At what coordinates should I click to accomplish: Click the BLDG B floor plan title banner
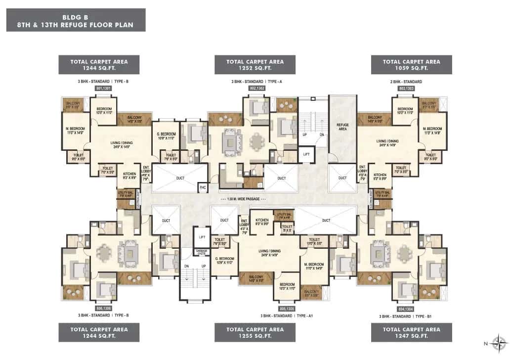(x=76, y=20)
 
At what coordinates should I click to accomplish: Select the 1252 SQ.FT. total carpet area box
(x=255, y=65)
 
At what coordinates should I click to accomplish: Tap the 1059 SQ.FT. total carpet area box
(x=412, y=65)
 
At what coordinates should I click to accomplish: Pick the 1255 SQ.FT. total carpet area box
(x=255, y=332)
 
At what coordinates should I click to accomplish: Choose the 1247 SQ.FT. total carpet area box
(x=412, y=332)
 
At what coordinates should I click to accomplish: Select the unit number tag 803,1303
(x=406, y=88)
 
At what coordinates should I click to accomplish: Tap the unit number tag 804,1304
(x=406, y=308)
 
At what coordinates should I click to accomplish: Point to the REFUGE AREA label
(x=343, y=126)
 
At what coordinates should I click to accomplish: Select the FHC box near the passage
(x=203, y=187)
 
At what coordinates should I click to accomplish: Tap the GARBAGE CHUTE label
(x=202, y=251)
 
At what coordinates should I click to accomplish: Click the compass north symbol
(x=500, y=342)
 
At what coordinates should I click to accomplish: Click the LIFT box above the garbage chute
(x=202, y=237)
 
